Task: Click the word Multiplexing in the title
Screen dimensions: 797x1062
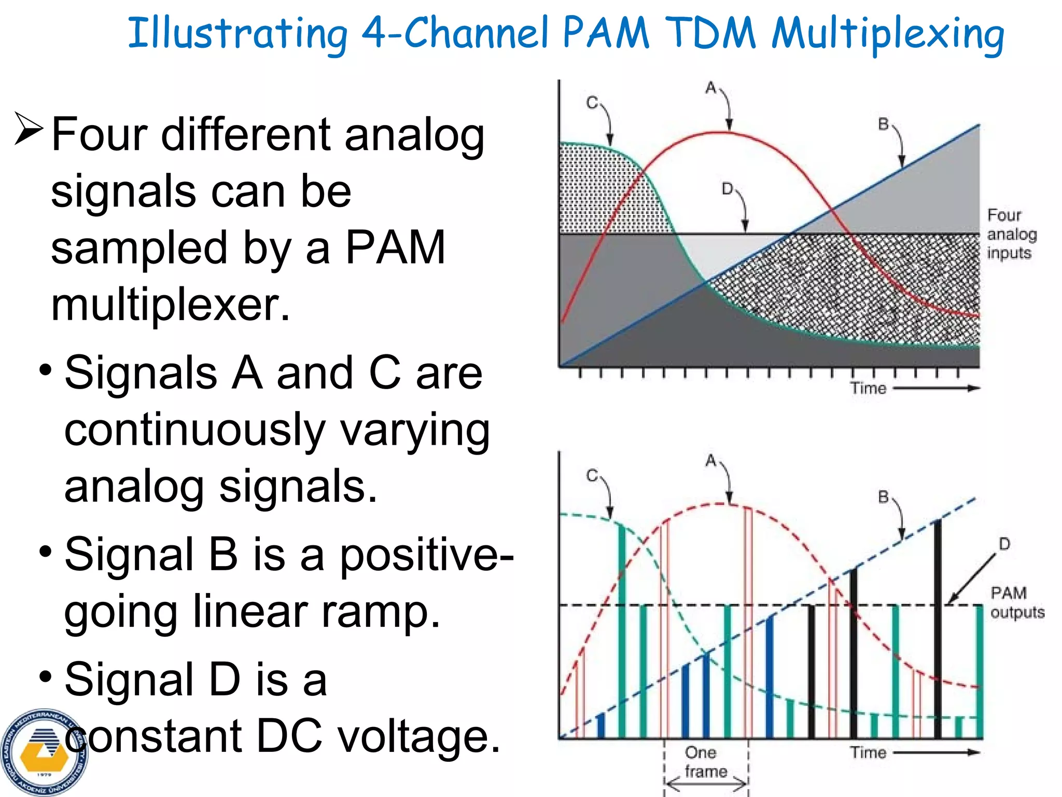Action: (x=888, y=34)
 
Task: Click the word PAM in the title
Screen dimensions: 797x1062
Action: (x=605, y=33)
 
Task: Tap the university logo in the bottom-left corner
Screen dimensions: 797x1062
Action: (x=44, y=753)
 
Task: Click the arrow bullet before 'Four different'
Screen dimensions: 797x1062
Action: (x=29, y=129)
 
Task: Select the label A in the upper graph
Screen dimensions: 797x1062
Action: (x=710, y=88)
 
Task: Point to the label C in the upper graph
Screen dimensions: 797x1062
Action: (x=592, y=103)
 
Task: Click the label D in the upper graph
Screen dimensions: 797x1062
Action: (x=727, y=189)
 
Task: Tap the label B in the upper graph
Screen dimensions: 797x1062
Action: (x=883, y=125)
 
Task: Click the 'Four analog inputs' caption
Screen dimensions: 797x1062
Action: (x=1011, y=234)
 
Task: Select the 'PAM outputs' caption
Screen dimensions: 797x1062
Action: (x=1016, y=602)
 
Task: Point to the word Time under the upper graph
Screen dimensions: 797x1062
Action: (x=868, y=388)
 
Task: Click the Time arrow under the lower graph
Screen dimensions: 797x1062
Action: (x=936, y=752)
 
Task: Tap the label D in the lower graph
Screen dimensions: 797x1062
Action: (x=1004, y=544)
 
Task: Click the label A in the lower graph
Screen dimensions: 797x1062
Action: (x=710, y=460)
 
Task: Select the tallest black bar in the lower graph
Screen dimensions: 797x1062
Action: (x=937, y=628)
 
